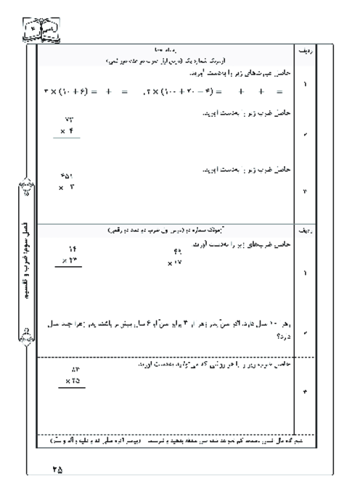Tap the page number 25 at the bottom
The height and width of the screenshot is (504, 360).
tap(58, 470)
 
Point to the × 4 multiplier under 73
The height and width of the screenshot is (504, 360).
tap(70, 131)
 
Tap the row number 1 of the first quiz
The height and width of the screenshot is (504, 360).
tap(303, 86)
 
